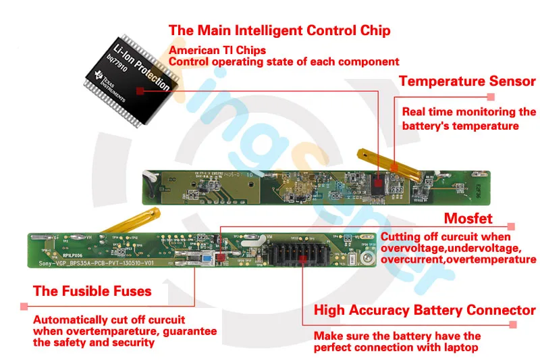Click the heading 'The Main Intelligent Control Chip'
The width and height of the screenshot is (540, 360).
coord(279,30)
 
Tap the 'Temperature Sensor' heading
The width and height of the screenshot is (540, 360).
coord(467,82)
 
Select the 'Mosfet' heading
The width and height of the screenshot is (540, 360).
coord(468,218)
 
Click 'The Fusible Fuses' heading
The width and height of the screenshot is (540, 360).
coord(92,292)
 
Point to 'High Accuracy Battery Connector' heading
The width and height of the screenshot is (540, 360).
coord(425,311)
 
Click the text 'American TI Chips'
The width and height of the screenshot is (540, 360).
coord(217,50)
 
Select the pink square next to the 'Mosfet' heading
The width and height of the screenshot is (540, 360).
coord(512,228)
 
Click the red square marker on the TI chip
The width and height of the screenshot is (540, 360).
coord(139,90)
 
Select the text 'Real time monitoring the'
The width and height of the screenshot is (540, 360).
coord(469,112)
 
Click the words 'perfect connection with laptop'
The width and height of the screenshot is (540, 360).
coord(396,348)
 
